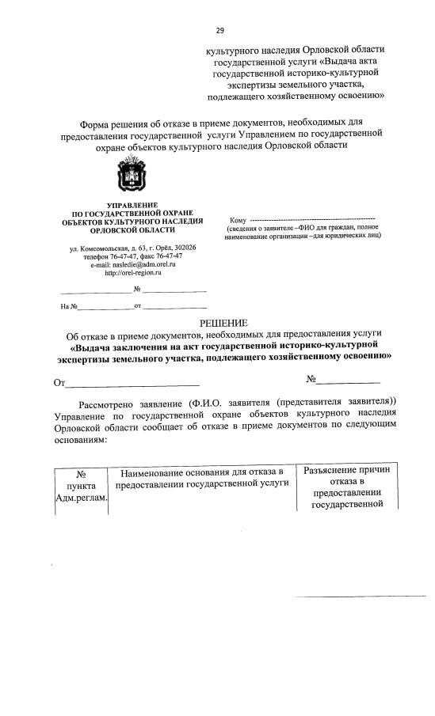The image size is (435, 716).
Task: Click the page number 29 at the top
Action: tap(219, 31)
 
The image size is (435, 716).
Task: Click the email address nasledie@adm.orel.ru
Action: tap(141, 264)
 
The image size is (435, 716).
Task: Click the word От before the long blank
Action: tap(58, 384)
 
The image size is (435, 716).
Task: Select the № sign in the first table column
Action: tap(81, 474)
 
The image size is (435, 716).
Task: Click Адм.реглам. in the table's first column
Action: tap(82, 498)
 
